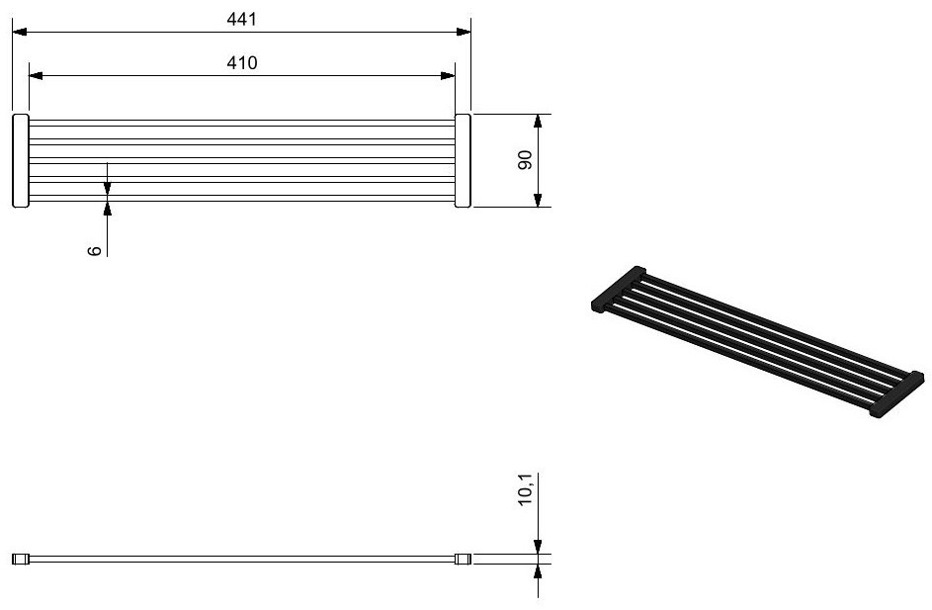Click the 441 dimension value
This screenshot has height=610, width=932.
click(242, 20)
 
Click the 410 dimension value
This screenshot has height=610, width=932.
click(242, 63)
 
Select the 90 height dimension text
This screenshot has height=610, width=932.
click(526, 160)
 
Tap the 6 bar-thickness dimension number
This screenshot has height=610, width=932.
click(95, 251)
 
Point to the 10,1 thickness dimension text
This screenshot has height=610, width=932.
click(526, 490)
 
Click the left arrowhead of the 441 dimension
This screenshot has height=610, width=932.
click(20, 32)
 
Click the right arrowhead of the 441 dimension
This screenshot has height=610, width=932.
click(464, 32)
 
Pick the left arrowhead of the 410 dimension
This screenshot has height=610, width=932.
click(37, 75)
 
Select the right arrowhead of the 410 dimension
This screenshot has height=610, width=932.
click(448, 75)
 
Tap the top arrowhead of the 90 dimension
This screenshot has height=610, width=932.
click(538, 122)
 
